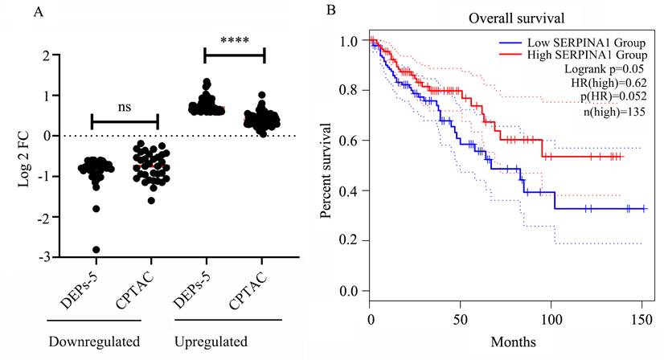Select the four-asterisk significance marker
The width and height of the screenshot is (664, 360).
coord(234,38)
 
